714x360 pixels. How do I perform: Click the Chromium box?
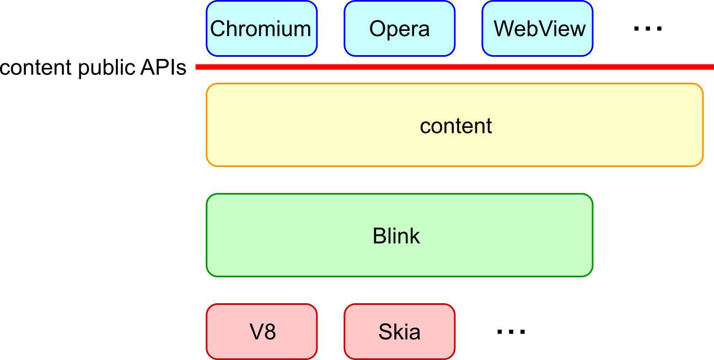[x=261, y=29]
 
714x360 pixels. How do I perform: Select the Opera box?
[x=399, y=29]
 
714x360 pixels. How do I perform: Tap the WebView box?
[x=538, y=29]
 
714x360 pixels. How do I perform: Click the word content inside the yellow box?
[x=455, y=126]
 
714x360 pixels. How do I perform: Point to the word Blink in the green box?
[x=396, y=236]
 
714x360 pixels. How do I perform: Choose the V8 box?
[x=261, y=332]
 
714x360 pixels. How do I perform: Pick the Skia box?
[x=399, y=332]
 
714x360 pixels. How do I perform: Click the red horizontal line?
[x=452, y=67]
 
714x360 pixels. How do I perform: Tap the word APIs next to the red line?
[x=163, y=67]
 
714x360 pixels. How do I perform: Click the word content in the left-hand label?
[x=36, y=68]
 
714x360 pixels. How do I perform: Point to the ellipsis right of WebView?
[x=647, y=29]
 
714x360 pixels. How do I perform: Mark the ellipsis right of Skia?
[x=511, y=332]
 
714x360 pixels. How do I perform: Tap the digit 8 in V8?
[x=270, y=332]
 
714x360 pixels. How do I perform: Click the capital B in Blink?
[x=379, y=236]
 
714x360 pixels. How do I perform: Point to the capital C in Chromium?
[x=218, y=29]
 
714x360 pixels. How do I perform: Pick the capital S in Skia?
[x=385, y=332]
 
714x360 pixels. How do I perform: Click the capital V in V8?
[x=255, y=332]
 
